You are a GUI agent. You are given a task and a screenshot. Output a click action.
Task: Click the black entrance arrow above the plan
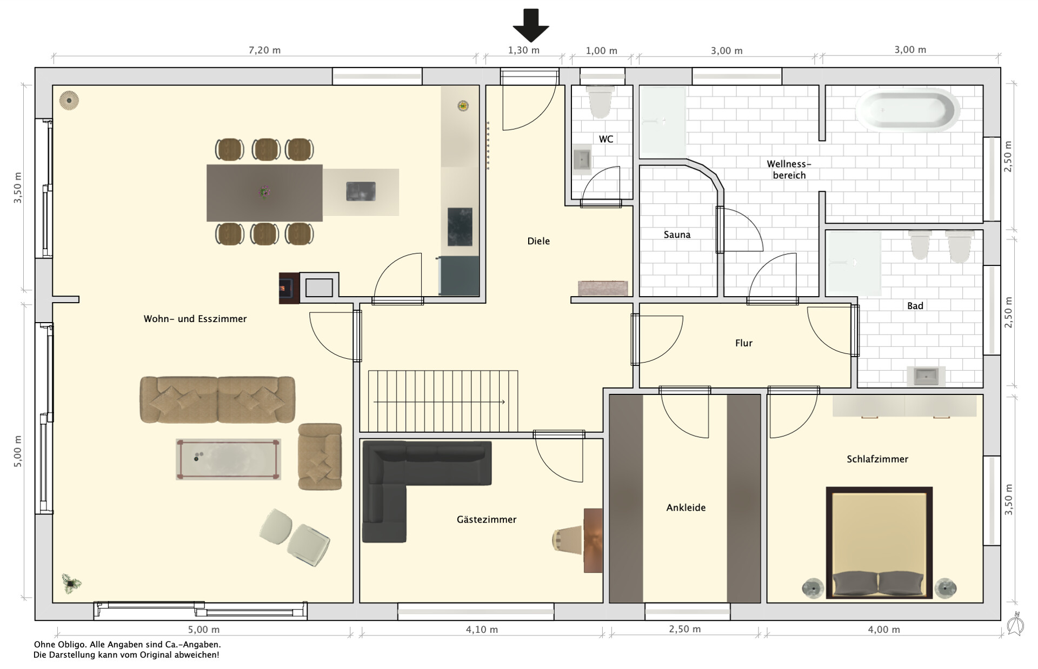click(x=531, y=25)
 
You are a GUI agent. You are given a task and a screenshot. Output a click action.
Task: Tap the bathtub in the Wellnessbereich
click(x=908, y=110)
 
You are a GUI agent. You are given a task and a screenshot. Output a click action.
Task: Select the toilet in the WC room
click(x=600, y=102)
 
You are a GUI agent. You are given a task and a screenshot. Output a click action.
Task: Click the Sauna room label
click(x=677, y=235)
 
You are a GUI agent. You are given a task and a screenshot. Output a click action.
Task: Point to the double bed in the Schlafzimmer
click(x=879, y=543)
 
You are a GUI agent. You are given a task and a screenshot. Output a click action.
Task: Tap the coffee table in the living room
click(x=228, y=459)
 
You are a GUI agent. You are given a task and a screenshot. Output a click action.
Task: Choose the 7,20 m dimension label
click(x=264, y=50)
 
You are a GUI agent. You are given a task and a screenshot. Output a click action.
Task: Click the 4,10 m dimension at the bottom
click(x=482, y=630)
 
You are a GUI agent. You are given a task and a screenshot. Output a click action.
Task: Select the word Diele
click(x=538, y=241)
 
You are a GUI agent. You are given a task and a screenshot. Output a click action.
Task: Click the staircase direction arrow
click(x=439, y=402)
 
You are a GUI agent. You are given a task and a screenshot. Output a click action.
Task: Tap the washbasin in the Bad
click(x=929, y=376)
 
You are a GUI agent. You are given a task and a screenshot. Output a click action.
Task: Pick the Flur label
click(x=743, y=343)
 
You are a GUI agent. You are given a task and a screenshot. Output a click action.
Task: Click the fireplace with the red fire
click(x=289, y=288)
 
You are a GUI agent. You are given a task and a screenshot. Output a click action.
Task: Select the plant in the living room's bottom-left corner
click(x=71, y=581)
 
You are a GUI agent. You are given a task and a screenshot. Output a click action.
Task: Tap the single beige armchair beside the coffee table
click(x=320, y=457)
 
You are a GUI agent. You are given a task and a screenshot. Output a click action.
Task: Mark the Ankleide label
click(x=686, y=507)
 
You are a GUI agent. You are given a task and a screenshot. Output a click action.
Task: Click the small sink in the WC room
click(x=582, y=159)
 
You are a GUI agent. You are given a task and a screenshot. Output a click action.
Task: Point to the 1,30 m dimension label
click(x=523, y=50)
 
